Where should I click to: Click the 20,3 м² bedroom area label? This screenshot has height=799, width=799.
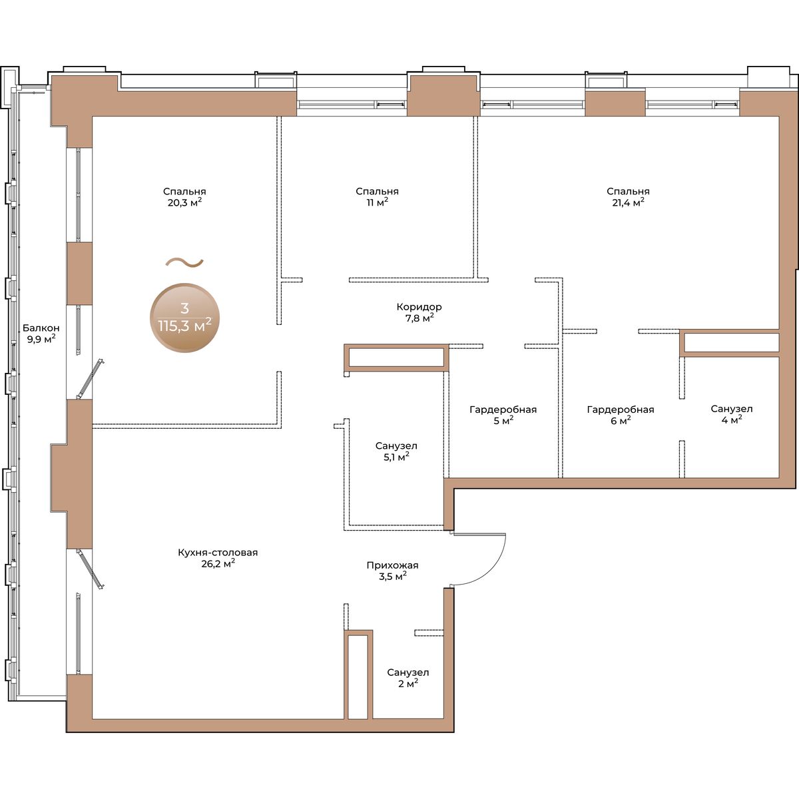point(184,203)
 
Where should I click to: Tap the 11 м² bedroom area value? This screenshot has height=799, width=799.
point(377,203)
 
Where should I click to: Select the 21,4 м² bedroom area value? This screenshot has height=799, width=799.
point(628,203)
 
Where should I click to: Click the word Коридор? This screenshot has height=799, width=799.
point(419,307)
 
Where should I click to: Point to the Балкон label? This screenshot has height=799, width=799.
point(41,328)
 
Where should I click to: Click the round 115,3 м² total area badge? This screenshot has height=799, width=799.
point(184,318)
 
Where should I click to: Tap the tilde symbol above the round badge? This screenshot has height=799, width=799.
point(184,262)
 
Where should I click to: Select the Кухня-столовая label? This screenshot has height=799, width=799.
point(218,553)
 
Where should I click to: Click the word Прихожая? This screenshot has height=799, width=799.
point(392,565)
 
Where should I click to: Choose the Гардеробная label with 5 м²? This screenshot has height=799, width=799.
point(503,409)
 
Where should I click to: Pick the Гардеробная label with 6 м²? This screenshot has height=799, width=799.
point(621,409)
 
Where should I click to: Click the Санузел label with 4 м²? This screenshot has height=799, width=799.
point(731,409)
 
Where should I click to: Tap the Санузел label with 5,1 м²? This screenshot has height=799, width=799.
point(396,446)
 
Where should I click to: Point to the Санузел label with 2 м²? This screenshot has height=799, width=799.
point(408,672)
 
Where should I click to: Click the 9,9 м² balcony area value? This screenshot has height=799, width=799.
point(41,340)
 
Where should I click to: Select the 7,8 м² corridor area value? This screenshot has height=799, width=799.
point(419,318)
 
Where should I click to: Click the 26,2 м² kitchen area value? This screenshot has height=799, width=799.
point(218,564)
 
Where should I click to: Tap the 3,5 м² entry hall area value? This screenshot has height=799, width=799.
point(393,577)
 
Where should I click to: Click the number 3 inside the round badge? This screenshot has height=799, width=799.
point(184,308)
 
